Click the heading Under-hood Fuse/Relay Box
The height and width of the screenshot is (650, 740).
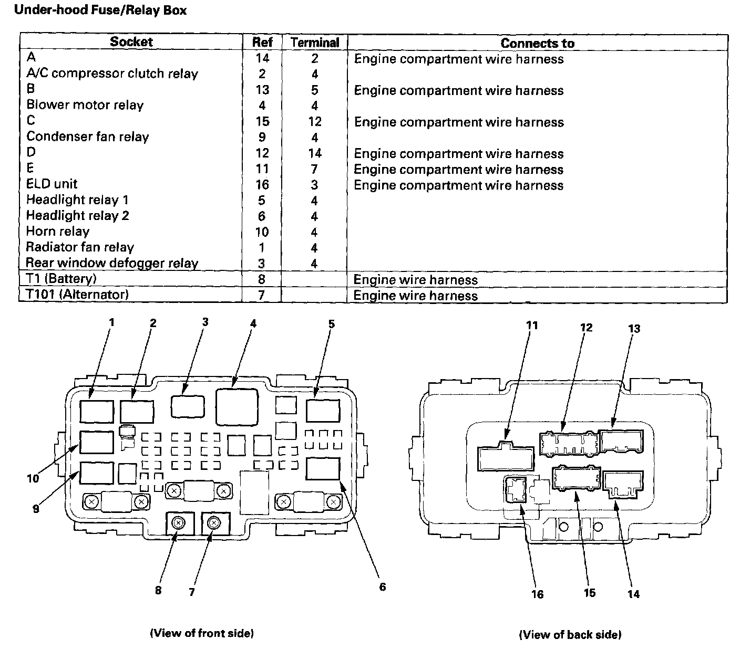(x=100, y=10)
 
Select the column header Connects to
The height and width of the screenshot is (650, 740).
(x=537, y=43)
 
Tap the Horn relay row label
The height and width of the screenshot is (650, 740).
(x=58, y=232)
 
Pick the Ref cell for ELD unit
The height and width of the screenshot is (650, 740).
(x=262, y=185)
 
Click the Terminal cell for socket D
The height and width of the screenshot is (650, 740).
(x=315, y=153)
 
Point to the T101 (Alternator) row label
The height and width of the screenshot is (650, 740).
(x=77, y=295)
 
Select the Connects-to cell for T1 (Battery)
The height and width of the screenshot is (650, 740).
(x=415, y=280)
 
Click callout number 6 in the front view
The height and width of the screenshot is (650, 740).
(x=382, y=586)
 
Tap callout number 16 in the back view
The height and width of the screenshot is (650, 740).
(x=537, y=594)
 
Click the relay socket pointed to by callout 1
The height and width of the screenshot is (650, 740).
(x=97, y=411)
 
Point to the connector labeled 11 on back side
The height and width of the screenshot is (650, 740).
(x=506, y=458)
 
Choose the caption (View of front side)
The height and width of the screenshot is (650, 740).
(x=202, y=633)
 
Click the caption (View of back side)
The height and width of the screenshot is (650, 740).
(x=570, y=635)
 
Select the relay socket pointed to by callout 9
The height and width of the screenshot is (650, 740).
(x=97, y=473)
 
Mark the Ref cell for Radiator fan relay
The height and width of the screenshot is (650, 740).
(x=262, y=248)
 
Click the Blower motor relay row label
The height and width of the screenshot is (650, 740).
(x=85, y=105)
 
